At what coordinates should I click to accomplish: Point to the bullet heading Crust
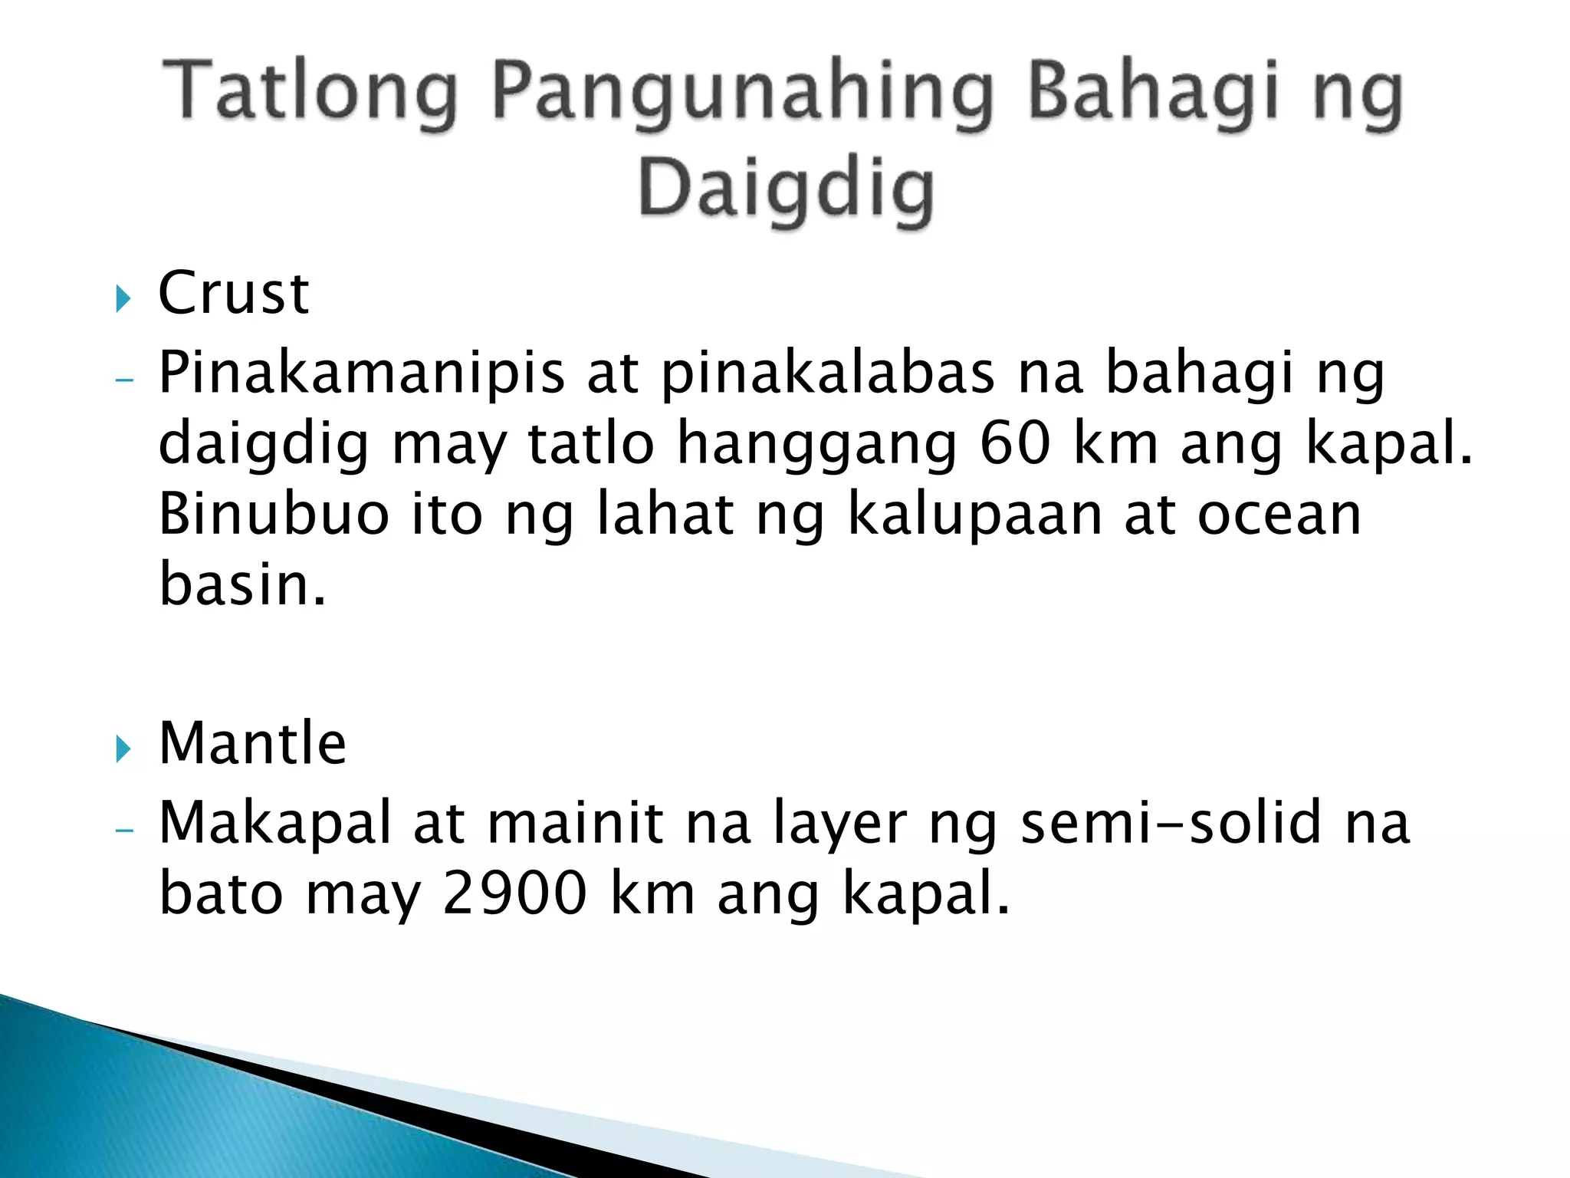pyautogui.click(x=233, y=293)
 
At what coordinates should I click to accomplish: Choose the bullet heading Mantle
pyautogui.click(x=252, y=743)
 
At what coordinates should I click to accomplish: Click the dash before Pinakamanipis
pyautogui.click(x=123, y=379)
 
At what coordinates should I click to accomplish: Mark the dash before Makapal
pyautogui.click(x=123, y=830)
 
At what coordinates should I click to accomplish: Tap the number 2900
pyautogui.click(x=514, y=894)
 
